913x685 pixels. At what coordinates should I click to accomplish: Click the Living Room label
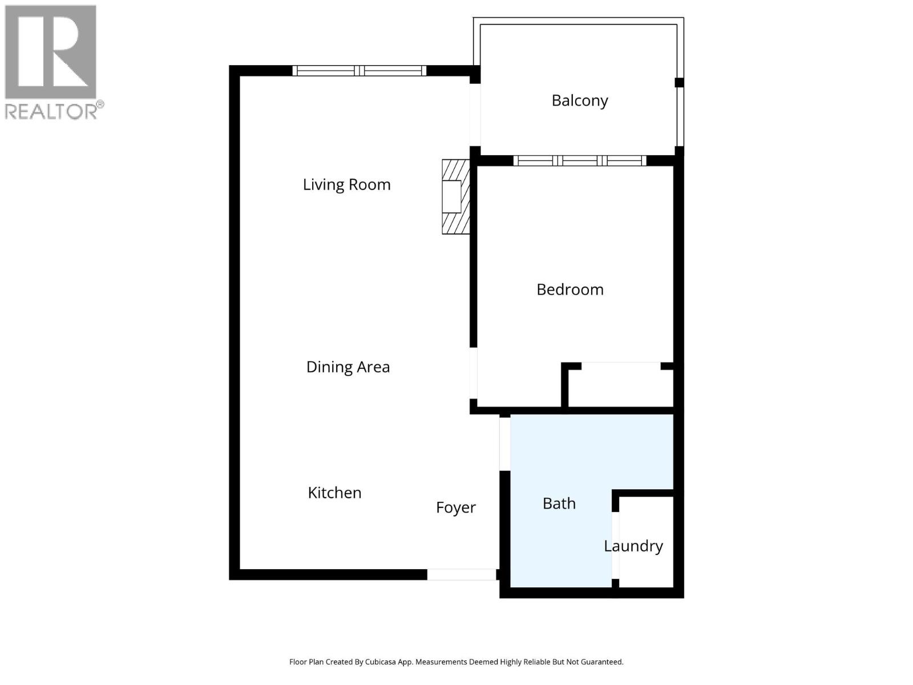click(x=346, y=184)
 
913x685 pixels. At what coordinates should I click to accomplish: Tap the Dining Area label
click(x=348, y=366)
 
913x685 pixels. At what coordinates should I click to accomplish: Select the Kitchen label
click(x=334, y=493)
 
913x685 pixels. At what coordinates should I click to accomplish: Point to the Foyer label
click(x=455, y=507)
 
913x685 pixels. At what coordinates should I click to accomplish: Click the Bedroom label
click(x=569, y=289)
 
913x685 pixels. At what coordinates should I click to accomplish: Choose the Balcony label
click(x=579, y=100)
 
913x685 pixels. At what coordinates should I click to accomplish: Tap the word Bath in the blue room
click(x=559, y=503)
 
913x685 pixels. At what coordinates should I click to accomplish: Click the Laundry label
click(x=633, y=546)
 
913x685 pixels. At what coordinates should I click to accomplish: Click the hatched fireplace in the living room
click(x=455, y=196)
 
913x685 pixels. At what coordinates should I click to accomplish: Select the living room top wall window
click(x=359, y=71)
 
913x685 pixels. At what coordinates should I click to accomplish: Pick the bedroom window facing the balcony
click(x=579, y=160)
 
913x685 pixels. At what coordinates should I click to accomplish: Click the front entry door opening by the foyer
click(x=462, y=574)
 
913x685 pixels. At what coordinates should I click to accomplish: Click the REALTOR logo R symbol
click(x=50, y=53)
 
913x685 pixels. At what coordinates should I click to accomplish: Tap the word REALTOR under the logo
click(x=50, y=111)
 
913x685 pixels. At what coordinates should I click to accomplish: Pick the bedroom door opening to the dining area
click(x=473, y=373)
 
